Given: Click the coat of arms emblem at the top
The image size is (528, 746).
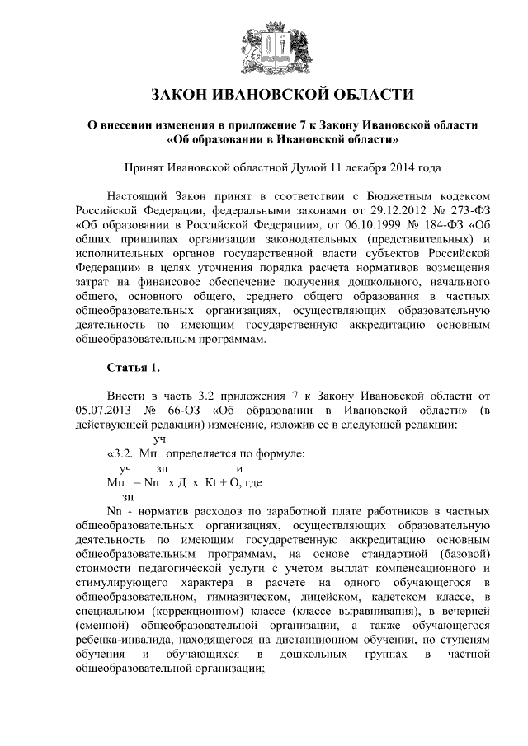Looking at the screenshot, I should [264, 43].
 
